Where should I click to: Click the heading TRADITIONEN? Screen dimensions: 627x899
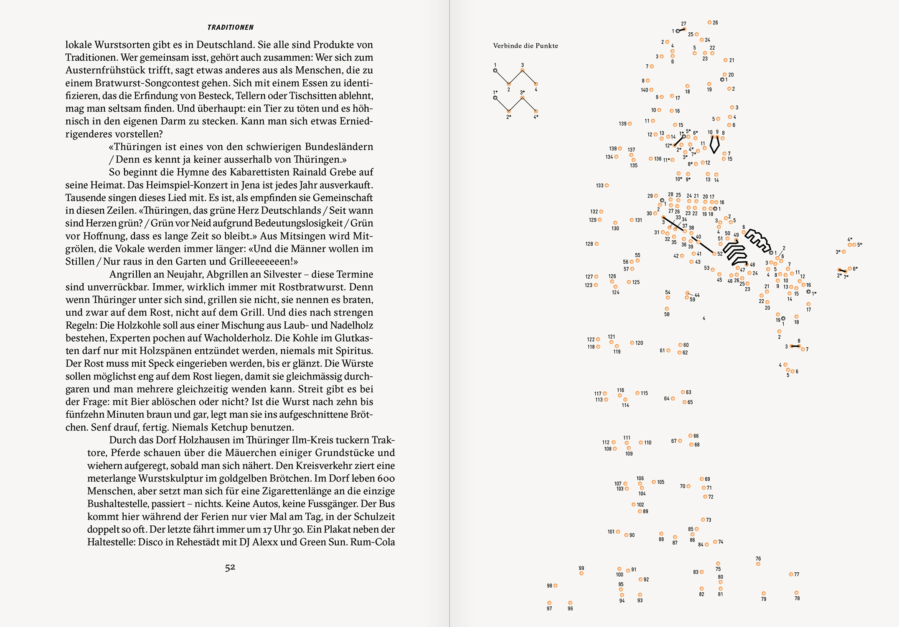point(230,28)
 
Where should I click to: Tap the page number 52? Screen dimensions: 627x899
point(230,567)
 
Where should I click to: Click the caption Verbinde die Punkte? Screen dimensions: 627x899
point(526,46)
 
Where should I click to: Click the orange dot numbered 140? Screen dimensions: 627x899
point(651,90)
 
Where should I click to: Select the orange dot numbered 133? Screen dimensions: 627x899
point(607,185)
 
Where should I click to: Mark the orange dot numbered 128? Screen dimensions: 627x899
point(597,244)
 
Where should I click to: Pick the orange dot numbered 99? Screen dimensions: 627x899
point(582,573)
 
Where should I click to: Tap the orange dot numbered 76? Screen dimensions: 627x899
point(758,564)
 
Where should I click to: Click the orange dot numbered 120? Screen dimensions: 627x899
point(632,343)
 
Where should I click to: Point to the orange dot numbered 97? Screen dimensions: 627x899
point(549,603)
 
